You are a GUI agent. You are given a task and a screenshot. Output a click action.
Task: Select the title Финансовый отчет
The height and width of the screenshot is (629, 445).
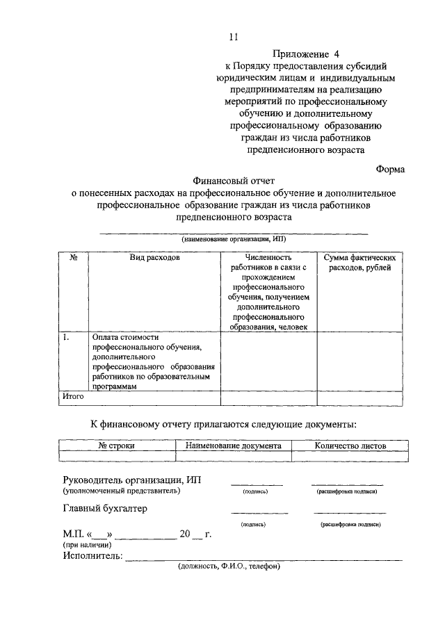234,180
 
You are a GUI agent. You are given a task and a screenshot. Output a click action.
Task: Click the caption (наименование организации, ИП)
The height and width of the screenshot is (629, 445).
233,239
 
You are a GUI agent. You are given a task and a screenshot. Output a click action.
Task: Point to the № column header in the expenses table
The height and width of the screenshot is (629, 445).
73,258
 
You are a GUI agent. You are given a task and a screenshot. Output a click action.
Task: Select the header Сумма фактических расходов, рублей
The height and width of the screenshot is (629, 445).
359,263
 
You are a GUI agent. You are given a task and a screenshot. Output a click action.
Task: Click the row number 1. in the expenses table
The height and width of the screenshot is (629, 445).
67,337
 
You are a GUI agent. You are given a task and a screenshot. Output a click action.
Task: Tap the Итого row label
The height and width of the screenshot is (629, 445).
73,397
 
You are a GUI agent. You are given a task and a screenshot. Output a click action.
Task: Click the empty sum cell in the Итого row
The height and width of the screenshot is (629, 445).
359,398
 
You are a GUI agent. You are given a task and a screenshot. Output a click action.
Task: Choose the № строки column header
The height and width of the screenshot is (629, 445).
116,446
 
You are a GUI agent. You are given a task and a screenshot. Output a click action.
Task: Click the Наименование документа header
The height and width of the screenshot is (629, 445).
233,446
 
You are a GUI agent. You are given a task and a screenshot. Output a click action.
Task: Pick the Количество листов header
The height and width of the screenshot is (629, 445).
350,446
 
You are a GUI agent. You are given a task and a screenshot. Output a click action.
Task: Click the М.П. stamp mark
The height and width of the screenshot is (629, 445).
72,534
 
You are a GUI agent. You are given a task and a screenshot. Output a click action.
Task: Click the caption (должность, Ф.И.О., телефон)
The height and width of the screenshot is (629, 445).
229,566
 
